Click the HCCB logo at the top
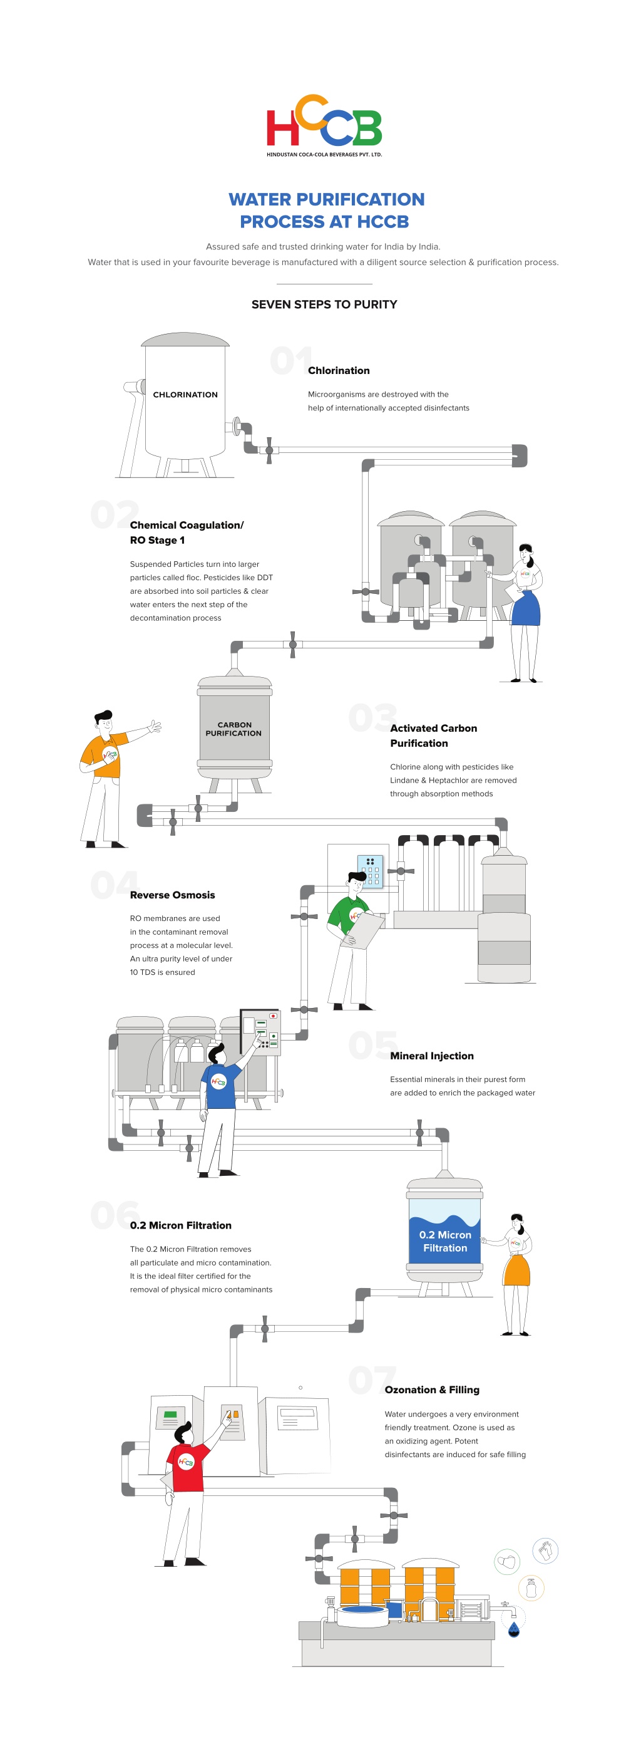click(324, 125)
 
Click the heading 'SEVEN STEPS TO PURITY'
click(324, 304)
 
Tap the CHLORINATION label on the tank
click(185, 395)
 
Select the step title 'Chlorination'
click(338, 370)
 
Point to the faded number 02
click(114, 515)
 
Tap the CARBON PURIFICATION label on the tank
click(233, 729)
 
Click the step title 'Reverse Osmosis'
click(172, 895)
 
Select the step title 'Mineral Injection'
click(431, 1056)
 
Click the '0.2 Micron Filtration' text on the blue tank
click(445, 1241)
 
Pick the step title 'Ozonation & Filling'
click(432, 1390)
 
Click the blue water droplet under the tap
click(514, 1631)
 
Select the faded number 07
click(372, 1379)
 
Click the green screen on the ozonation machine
click(171, 1415)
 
